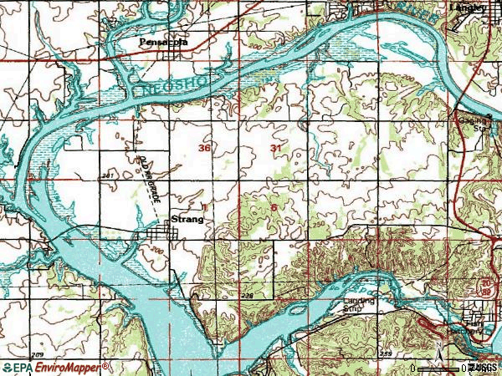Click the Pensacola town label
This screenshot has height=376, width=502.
point(163,40)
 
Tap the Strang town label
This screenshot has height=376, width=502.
point(187,219)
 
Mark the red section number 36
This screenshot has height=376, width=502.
point(204,148)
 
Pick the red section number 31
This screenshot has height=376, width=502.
point(276,148)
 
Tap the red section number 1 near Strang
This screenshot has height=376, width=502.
point(203,204)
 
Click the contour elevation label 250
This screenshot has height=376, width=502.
point(317,226)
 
